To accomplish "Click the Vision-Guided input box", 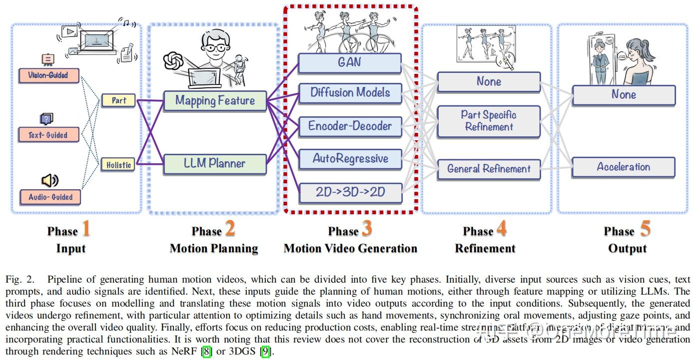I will [x=48, y=75].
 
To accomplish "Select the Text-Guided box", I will [x=48, y=135].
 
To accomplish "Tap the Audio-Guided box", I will [x=50, y=197].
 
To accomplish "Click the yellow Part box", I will [x=118, y=100].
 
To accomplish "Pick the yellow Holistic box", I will [x=118, y=164].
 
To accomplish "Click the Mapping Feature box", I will [x=215, y=100].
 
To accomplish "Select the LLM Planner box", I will [x=215, y=163].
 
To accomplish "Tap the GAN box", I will [x=350, y=63].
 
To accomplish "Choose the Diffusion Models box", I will [x=350, y=92].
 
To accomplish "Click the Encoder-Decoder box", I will [x=350, y=126].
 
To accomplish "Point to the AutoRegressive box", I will [x=350, y=159].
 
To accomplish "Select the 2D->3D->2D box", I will [x=350, y=192].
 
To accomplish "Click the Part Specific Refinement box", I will [x=488, y=121].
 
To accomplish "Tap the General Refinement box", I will [x=488, y=169].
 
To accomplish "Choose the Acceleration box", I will [x=623, y=167].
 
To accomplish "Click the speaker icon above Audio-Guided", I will [x=49, y=180].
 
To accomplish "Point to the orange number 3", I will [x=367, y=229].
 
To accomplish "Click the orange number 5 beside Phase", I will [x=646, y=229].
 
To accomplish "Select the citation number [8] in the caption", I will [x=206, y=352].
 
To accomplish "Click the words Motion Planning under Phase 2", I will [x=214, y=248].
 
